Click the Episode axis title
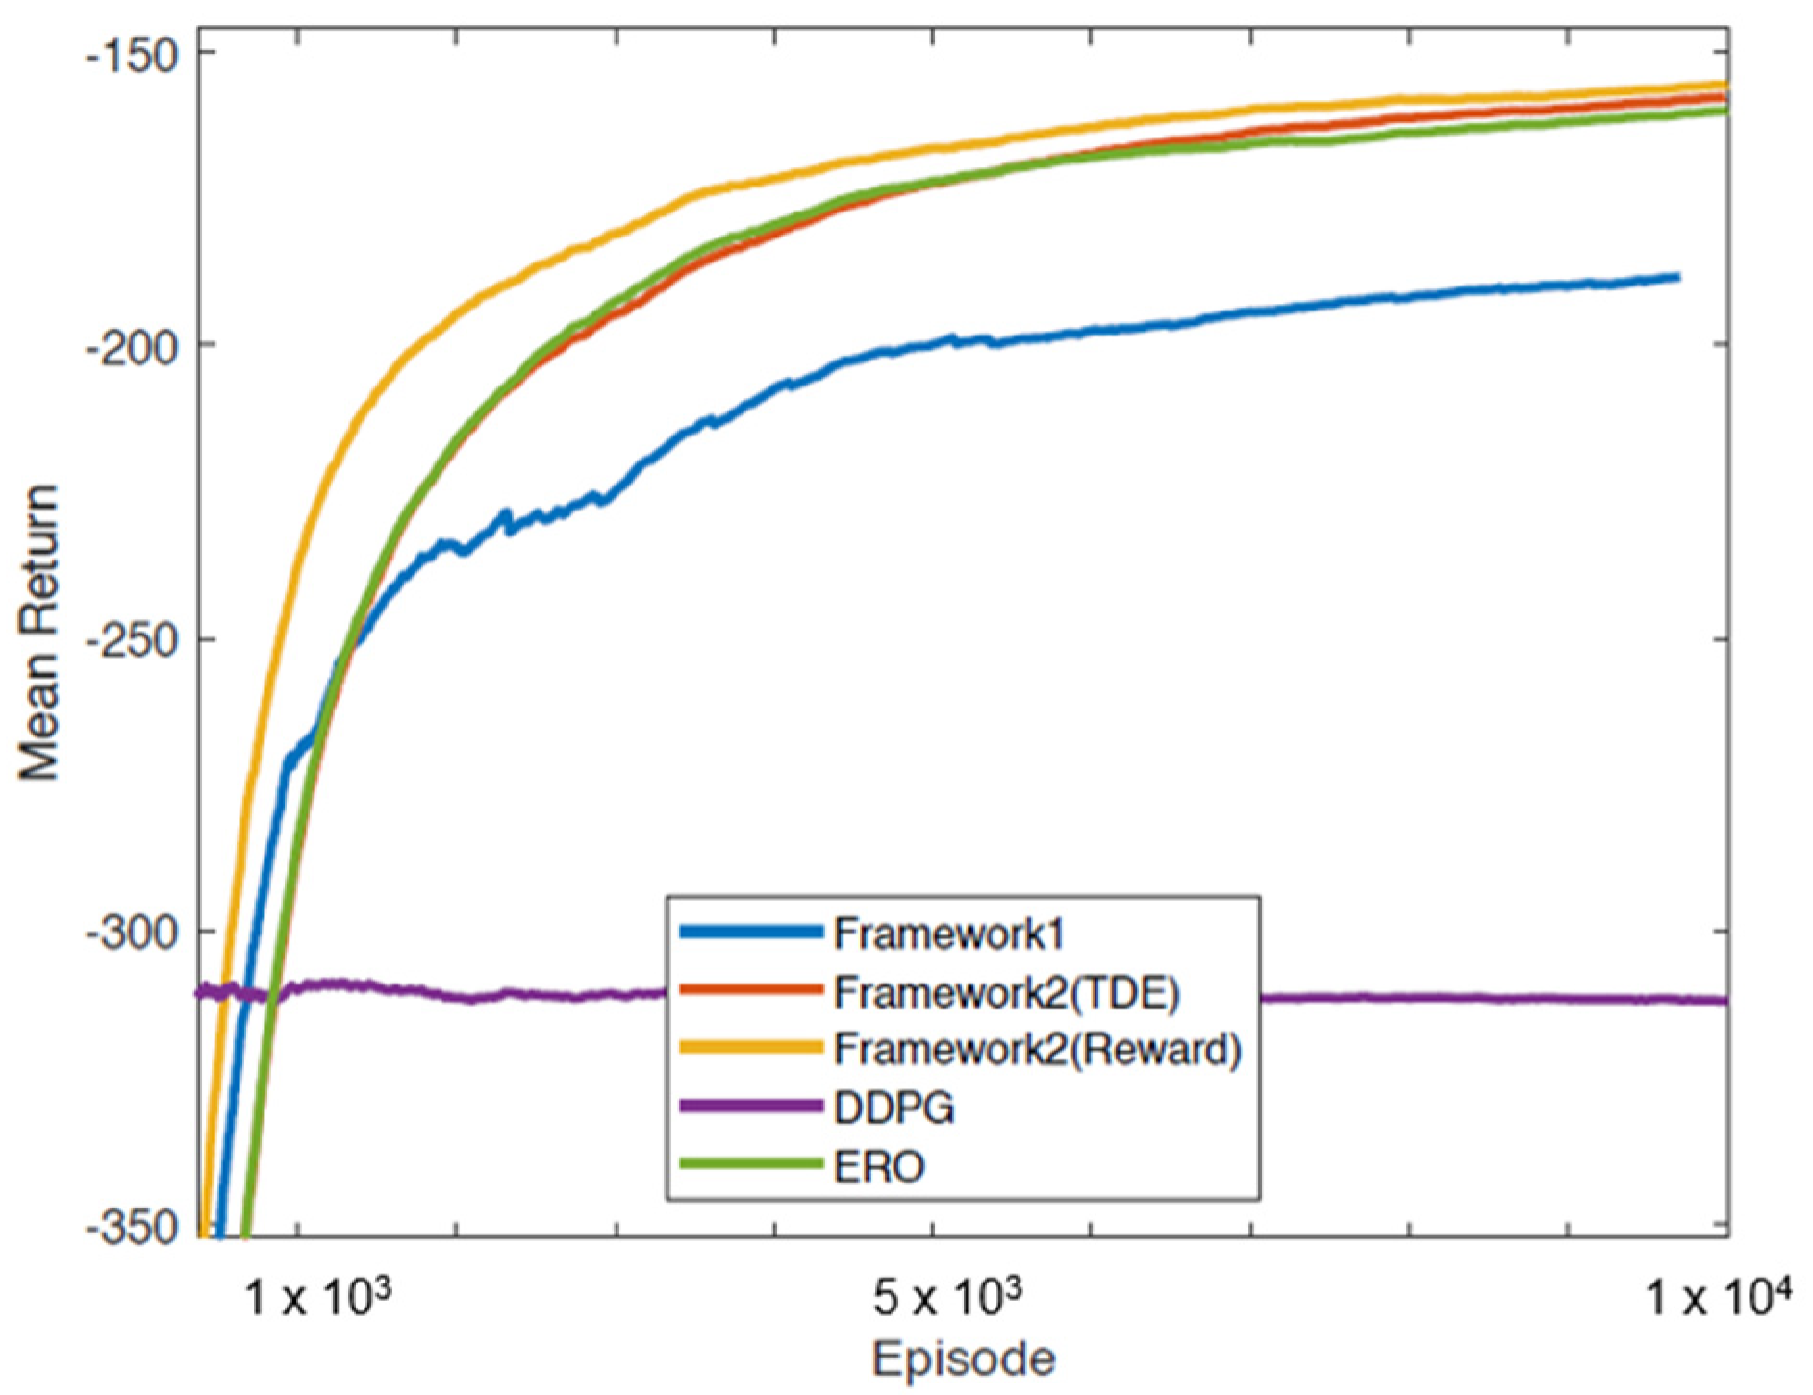(963, 1359)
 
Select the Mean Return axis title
(40, 635)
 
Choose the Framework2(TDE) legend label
(1005, 992)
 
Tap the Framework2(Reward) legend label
(1037, 1050)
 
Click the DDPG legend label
(894, 1108)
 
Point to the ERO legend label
(879, 1166)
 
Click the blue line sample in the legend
(751, 932)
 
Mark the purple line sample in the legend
(751, 1107)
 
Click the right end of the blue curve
(1677, 277)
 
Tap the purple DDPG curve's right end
(1725, 1001)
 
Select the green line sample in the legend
(751, 1165)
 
